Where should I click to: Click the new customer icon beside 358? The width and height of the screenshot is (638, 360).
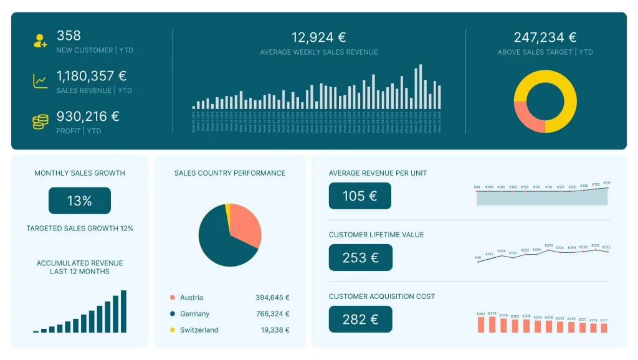[40, 42]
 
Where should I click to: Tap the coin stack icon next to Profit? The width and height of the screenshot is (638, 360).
[40, 121]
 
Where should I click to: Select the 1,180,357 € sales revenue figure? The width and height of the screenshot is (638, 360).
[92, 76]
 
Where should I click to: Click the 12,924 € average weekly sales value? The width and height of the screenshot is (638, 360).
[318, 37]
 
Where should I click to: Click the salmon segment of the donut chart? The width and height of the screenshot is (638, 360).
[526, 116]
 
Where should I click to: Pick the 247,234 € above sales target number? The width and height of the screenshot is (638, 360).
[545, 37]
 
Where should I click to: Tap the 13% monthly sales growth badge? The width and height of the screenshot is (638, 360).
[80, 201]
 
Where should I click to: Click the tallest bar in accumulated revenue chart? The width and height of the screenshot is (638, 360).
[123, 311]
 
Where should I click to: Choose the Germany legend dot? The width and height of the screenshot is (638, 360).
[172, 314]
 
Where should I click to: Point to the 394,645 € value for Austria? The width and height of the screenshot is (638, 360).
[272, 298]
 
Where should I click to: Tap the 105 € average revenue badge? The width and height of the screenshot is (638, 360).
[360, 196]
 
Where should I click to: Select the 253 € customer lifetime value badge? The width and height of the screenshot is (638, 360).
[361, 257]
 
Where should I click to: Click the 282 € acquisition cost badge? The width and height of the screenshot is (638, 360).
[361, 319]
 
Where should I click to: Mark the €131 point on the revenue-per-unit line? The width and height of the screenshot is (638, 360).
[607, 187]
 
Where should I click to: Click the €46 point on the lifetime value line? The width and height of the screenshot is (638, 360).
[478, 262]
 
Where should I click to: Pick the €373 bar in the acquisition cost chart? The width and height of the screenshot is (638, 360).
[492, 324]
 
